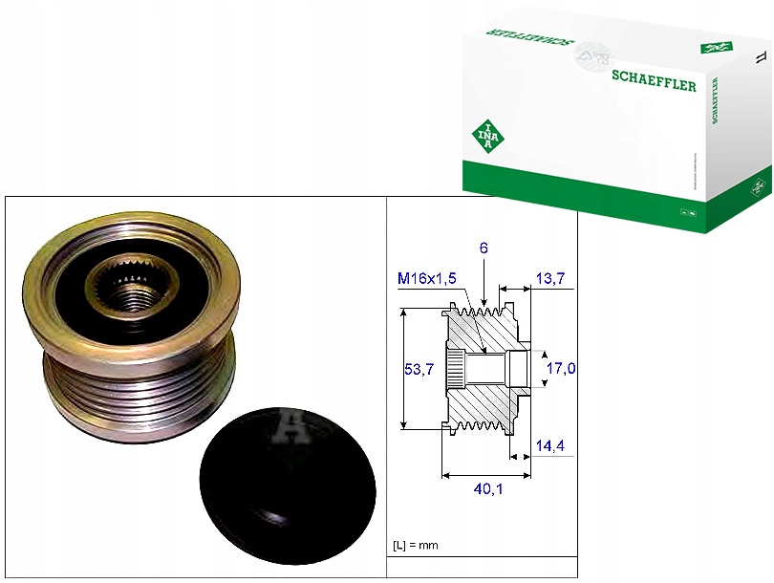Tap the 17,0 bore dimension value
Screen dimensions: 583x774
click(560, 367)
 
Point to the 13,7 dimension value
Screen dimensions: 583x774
click(550, 278)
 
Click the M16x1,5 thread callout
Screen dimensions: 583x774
click(428, 278)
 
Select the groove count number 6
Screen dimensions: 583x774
click(484, 248)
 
